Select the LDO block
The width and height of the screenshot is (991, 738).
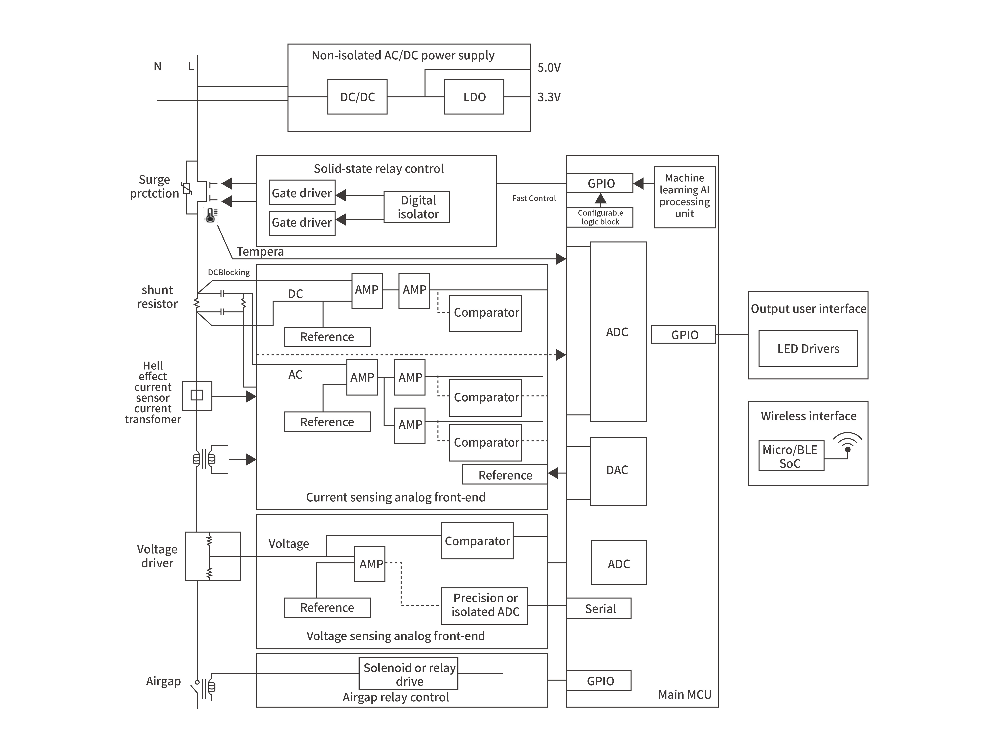click(474, 97)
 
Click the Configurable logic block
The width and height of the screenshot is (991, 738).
click(600, 218)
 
